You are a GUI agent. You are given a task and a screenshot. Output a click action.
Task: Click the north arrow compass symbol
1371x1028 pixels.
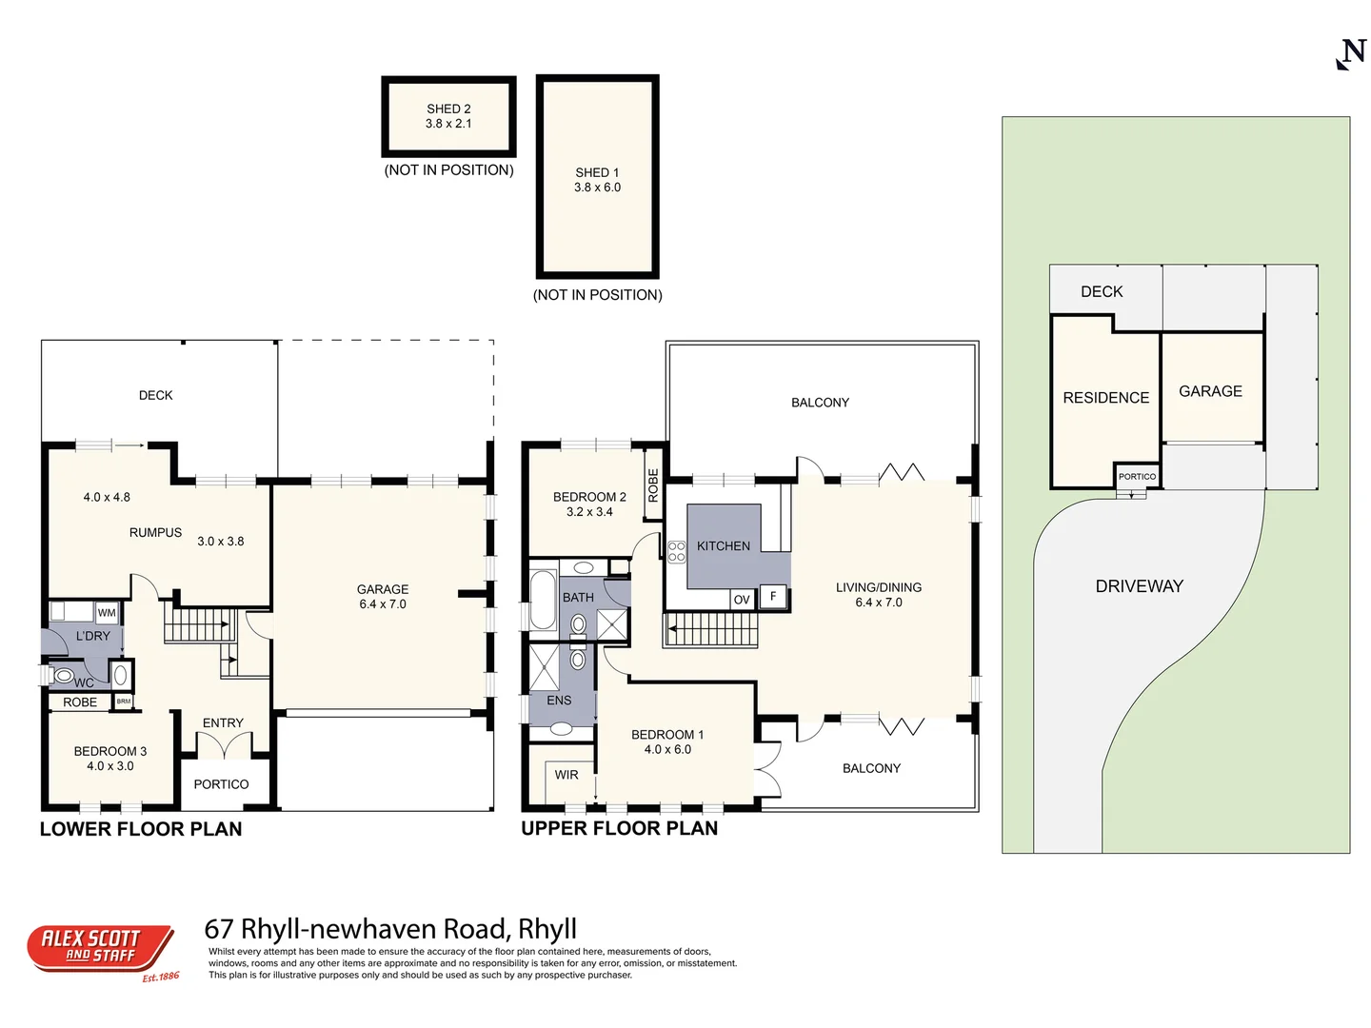pyautogui.click(x=1351, y=54)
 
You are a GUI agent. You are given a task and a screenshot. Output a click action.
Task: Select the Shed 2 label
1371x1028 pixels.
pyautogui.click(x=448, y=109)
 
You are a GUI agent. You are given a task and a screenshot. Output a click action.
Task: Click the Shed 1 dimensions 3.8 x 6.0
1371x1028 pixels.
pyautogui.click(x=597, y=188)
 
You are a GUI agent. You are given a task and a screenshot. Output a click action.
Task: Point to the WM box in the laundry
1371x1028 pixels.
pyautogui.click(x=107, y=613)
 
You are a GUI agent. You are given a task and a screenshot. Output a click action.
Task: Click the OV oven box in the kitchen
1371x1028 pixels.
pyautogui.click(x=742, y=599)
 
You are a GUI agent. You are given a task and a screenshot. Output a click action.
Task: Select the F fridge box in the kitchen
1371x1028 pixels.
pyautogui.click(x=773, y=597)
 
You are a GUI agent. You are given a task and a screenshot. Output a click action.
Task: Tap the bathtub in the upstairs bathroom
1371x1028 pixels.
pyautogui.click(x=543, y=600)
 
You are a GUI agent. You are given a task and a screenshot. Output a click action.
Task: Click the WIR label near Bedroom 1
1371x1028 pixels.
pyautogui.click(x=566, y=775)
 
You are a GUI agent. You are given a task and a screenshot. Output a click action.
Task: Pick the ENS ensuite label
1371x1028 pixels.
pyautogui.click(x=559, y=701)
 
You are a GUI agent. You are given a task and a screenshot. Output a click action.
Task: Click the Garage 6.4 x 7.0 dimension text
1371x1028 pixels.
pyautogui.click(x=383, y=604)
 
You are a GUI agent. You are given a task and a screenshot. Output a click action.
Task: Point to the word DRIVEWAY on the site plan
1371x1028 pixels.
pyautogui.click(x=1139, y=586)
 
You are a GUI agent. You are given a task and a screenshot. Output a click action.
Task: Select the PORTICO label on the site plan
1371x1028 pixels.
pyautogui.click(x=1137, y=476)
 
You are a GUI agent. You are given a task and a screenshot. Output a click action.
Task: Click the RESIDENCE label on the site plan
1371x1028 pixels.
pyautogui.click(x=1105, y=398)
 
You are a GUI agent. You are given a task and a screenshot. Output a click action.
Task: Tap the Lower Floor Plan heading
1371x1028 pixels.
pyautogui.click(x=141, y=829)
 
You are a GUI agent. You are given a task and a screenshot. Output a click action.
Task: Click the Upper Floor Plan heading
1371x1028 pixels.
pyautogui.click(x=619, y=828)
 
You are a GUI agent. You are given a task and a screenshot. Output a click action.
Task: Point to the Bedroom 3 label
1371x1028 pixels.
pyautogui.click(x=110, y=751)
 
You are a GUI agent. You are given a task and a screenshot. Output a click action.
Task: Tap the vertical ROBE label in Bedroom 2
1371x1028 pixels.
pyautogui.click(x=653, y=485)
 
